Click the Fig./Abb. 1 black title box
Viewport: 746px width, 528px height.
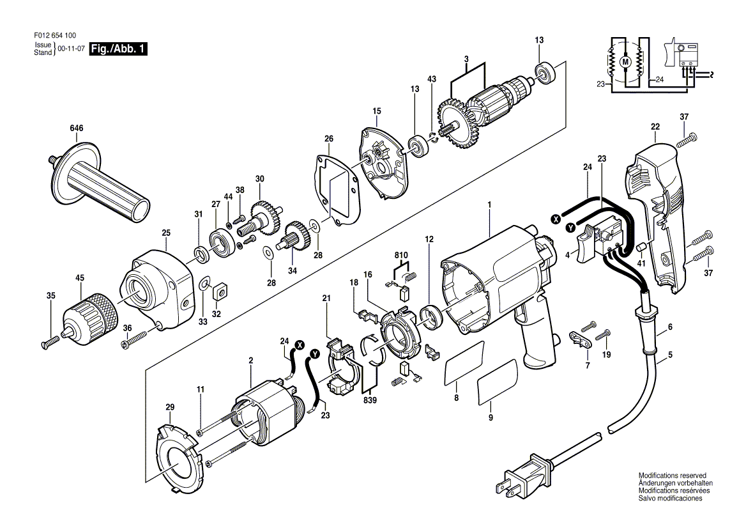pyautogui.click(x=119, y=49)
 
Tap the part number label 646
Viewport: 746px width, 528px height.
pyautogui.click(x=77, y=129)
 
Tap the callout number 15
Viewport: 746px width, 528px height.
pyautogui.click(x=377, y=111)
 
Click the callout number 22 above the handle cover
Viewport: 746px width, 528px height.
pyautogui.click(x=655, y=127)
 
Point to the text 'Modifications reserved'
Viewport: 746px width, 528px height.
pyautogui.click(x=672, y=476)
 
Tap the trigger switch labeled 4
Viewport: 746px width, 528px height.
pyautogui.click(x=585, y=245)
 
